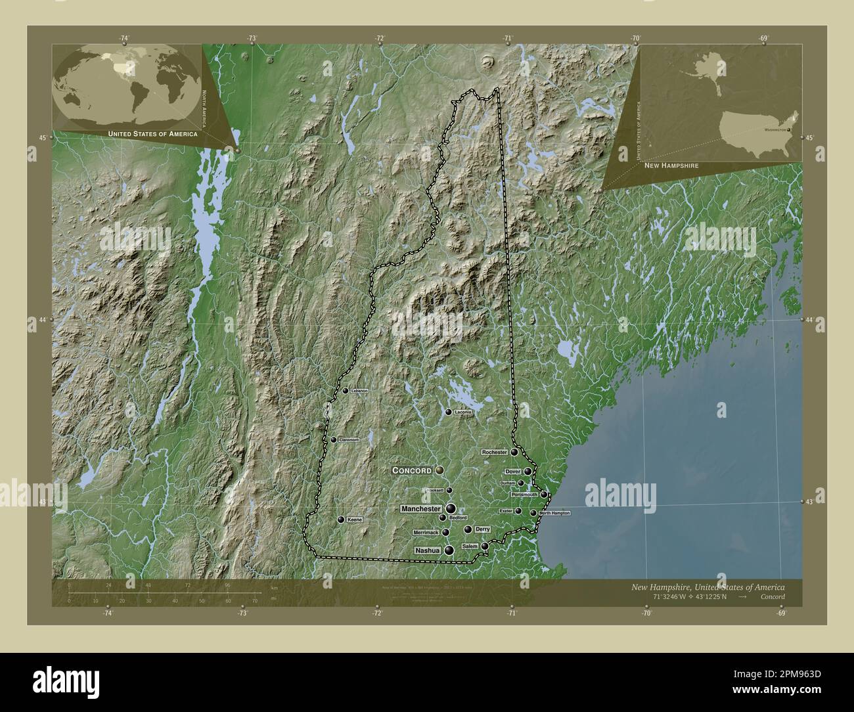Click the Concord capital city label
pyautogui.click(x=412, y=470)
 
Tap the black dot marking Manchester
pyautogui.click(x=450, y=508)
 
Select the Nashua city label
pyautogui.click(x=426, y=550)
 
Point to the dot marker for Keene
pyautogui.click(x=340, y=520)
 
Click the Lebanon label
pyautogui.click(x=360, y=391)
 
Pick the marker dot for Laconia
pyautogui.click(x=449, y=412)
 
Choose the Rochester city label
pyautogui.click(x=495, y=453)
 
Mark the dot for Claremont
pyautogui.click(x=334, y=440)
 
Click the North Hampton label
pyautogui.click(x=554, y=512)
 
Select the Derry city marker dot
pyautogui.click(x=468, y=529)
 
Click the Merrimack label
pyautogui.click(x=426, y=532)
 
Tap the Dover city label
pyautogui.click(x=512, y=472)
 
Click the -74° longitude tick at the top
pyautogui.click(x=124, y=39)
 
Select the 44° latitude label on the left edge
pyautogui.click(x=42, y=320)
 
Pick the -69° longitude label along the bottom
pyautogui.click(x=780, y=613)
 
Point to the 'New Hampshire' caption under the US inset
pyautogui.click(x=671, y=166)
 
